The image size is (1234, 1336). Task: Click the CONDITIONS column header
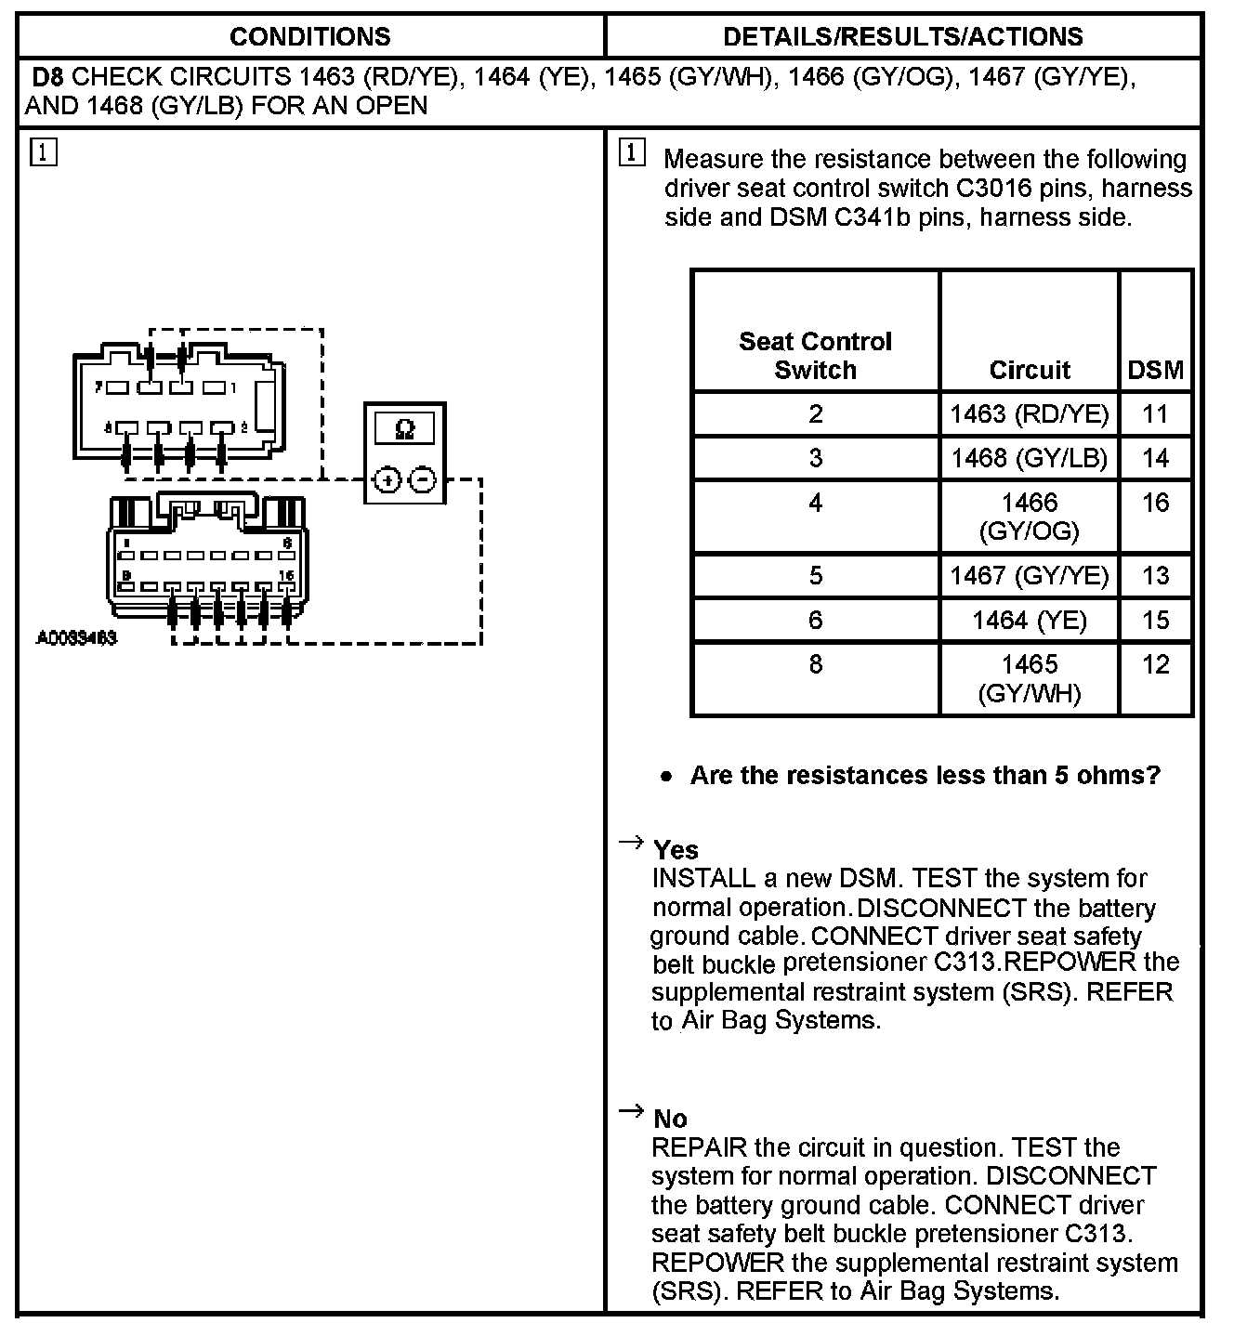click(309, 36)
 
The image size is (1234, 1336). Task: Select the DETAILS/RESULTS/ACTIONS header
click(902, 36)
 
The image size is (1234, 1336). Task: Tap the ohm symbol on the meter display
click(404, 428)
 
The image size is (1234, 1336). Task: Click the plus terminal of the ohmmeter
click(387, 479)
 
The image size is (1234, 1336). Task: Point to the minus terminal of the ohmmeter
click(423, 479)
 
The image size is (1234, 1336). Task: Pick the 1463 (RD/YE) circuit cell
click(1030, 413)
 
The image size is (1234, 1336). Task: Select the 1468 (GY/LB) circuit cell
click(1030, 458)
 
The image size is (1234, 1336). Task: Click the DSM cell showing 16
click(1155, 503)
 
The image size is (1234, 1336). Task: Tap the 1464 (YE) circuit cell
click(1030, 620)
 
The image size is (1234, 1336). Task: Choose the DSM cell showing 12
click(1155, 664)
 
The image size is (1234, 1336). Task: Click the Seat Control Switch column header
click(815, 356)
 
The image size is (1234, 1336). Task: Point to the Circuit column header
click(1030, 370)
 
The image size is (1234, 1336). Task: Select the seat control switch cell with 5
click(815, 575)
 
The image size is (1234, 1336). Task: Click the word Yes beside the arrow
click(676, 849)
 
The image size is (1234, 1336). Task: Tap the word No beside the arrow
click(670, 1118)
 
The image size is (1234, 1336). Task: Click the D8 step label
click(48, 76)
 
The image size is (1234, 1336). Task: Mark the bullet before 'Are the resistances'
click(665, 777)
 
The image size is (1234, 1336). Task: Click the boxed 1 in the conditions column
click(44, 151)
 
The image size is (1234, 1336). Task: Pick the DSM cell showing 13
click(1155, 575)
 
